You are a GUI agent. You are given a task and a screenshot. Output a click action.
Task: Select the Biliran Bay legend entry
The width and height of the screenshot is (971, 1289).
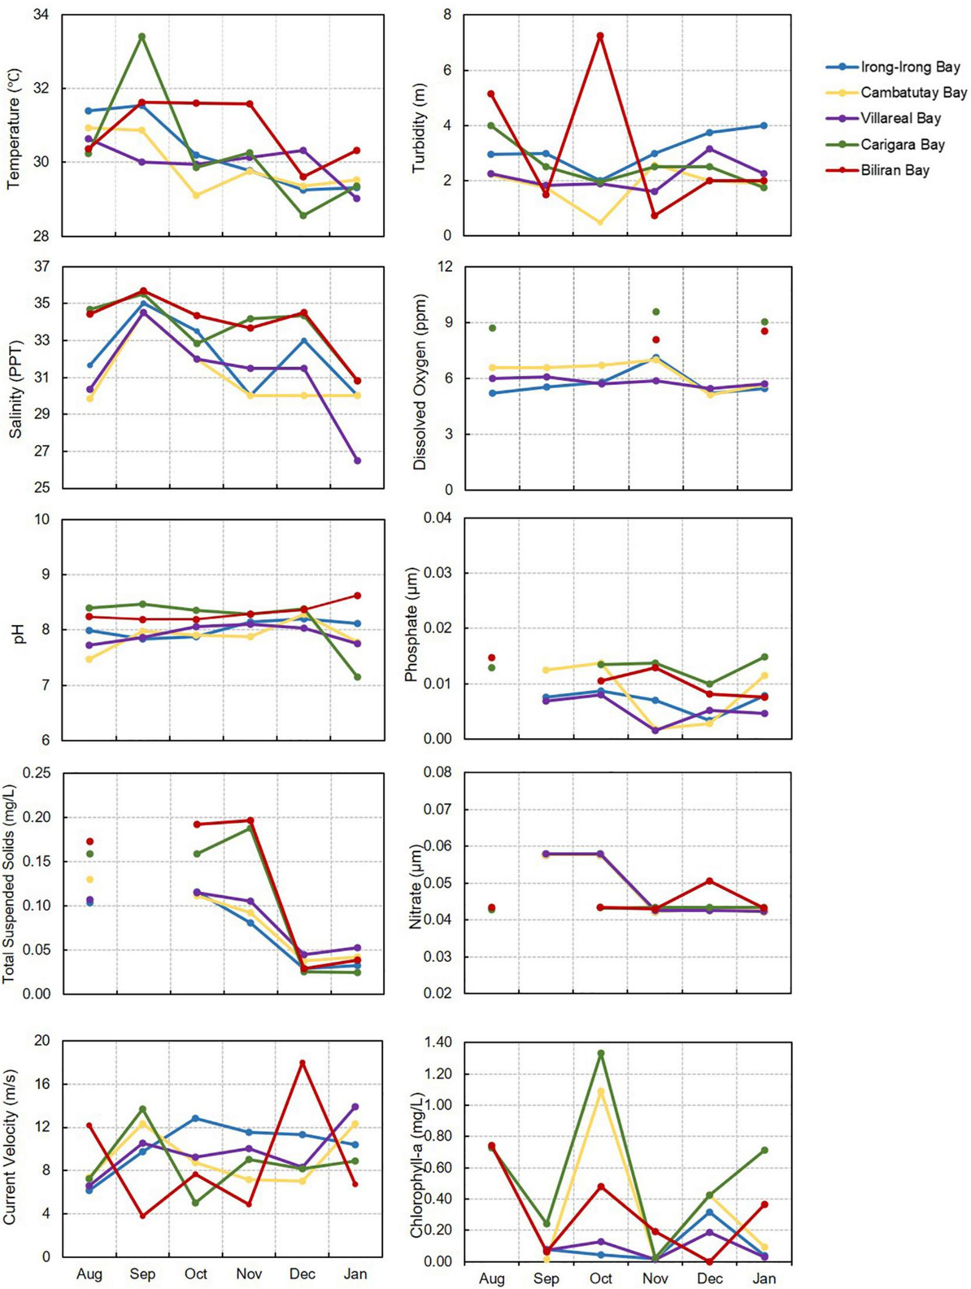coord(895,171)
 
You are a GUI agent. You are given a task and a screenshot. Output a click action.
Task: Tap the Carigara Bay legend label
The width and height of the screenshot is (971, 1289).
coord(902,145)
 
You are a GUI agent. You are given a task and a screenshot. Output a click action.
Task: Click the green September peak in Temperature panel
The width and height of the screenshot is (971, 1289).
coord(142,36)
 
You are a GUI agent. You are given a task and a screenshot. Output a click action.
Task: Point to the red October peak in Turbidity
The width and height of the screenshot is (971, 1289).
coord(600,36)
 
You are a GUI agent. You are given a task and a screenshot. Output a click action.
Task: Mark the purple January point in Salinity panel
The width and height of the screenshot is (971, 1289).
coord(357,460)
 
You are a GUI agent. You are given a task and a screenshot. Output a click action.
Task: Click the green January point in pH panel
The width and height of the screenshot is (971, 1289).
coord(357,677)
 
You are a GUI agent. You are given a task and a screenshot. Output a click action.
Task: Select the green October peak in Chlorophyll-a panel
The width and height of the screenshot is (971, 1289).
coord(601,1053)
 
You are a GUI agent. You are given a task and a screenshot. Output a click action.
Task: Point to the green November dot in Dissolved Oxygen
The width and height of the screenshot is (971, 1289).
coord(656,312)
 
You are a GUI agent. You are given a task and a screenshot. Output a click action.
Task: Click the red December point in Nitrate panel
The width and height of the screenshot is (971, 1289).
coord(710,881)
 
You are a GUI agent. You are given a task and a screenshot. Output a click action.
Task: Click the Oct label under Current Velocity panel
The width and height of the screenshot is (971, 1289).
coord(196,1274)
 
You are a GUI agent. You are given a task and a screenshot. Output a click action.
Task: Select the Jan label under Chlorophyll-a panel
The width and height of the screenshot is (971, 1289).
coord(764,1278)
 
